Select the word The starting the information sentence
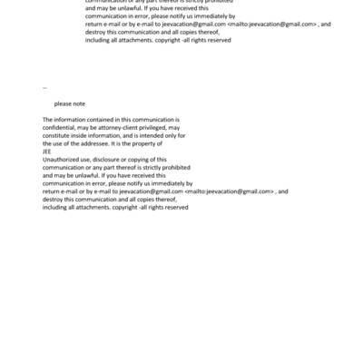click(48, 120)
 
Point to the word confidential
click(60, 128)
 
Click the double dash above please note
click(45, 88)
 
